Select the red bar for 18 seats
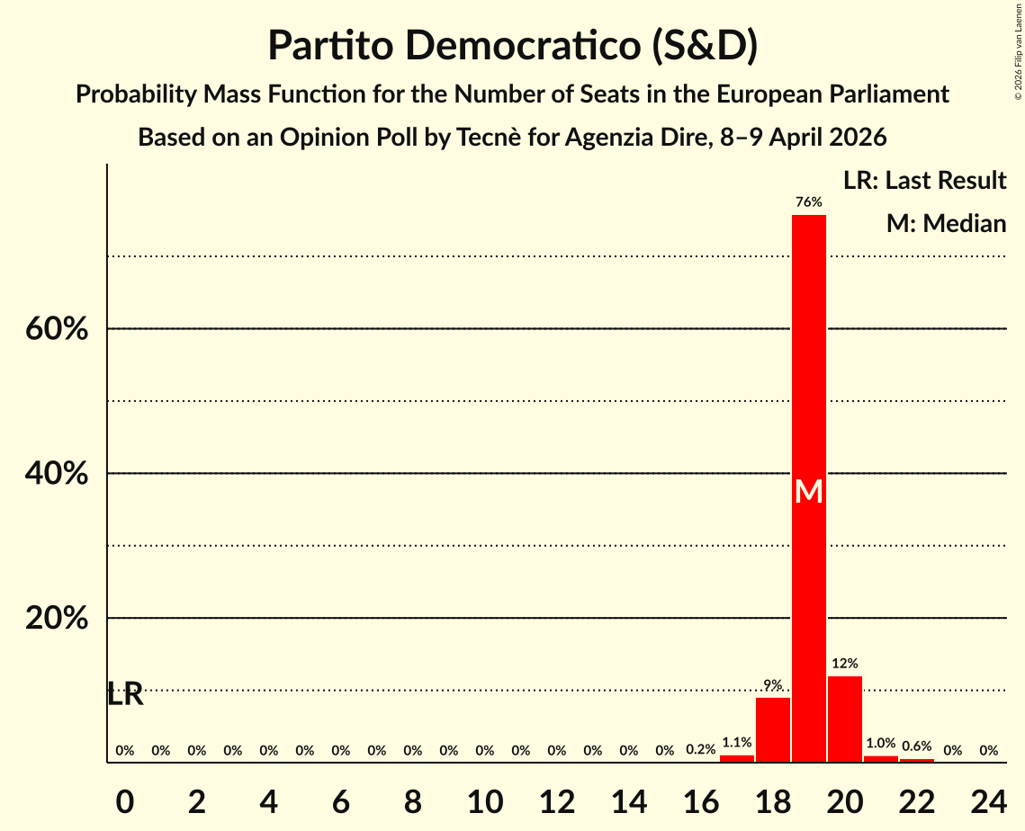tap(772, 729)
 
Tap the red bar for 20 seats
tap(844, 719)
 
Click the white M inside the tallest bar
tap(808, 491)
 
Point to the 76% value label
tap(808, 202)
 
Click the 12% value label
tap(844, 664)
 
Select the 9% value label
tap(772, 685)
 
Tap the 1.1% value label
tap(736, 743)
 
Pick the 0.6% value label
tap(916, 746)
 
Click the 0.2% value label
tap(700, 750)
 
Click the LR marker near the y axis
tap(125, 694)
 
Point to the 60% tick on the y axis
tap(56, 329)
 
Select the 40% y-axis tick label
tap(56, 474)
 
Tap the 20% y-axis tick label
tap(56, 619)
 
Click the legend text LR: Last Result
tap(924, 181)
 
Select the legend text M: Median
tap(946, 224)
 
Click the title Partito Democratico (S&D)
tap(512, 46)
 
